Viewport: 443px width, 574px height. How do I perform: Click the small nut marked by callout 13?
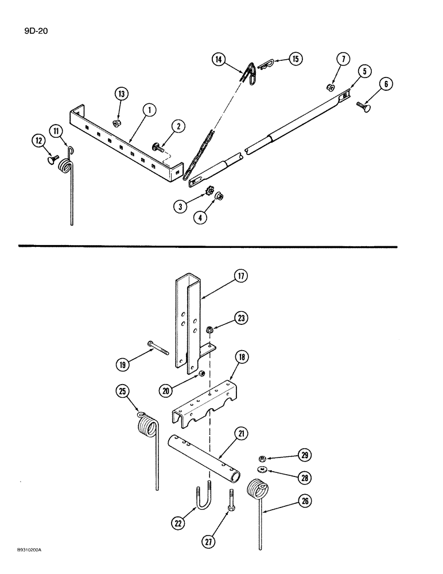tap(116, 123)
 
